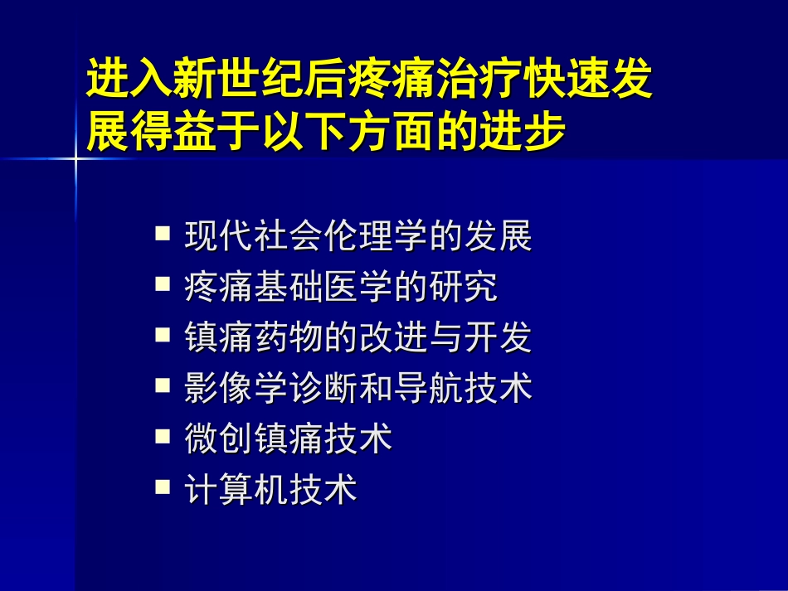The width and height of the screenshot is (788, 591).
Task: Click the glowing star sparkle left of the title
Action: (x=75, y=157)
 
